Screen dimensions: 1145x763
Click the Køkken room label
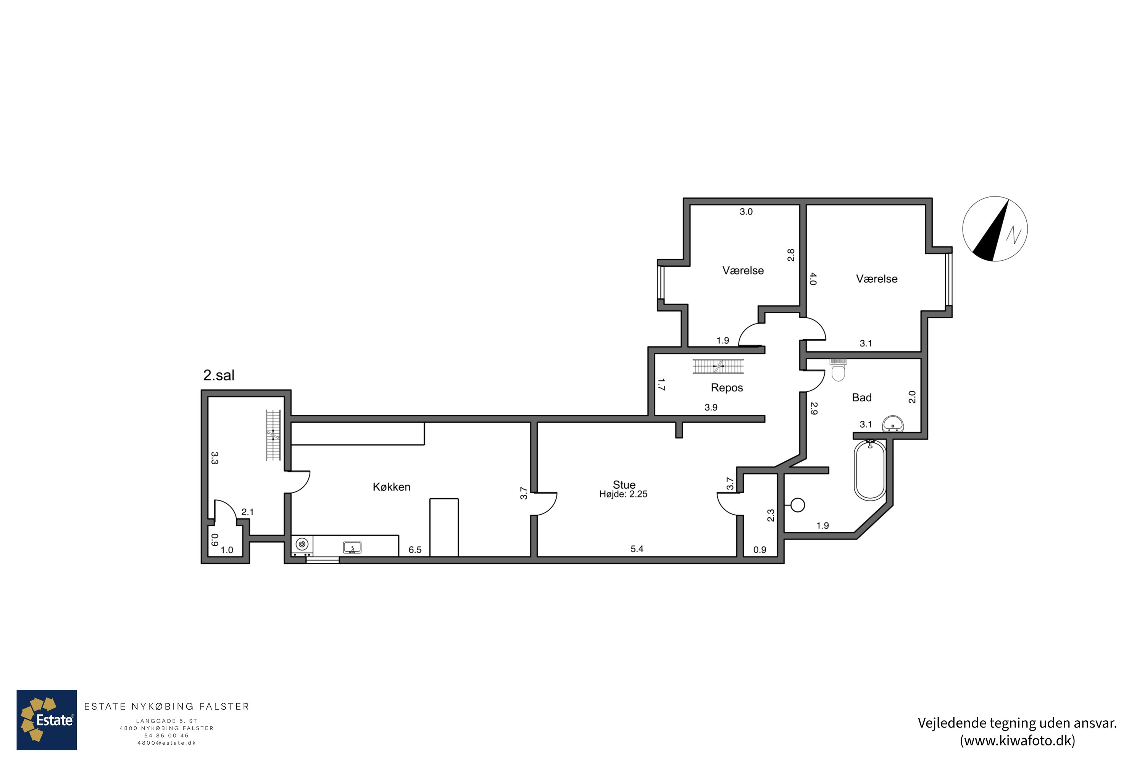pyautogui.click(x=392, y=487)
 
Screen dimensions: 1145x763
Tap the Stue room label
pyautogui.click(x=624, y=485)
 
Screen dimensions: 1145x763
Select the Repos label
pyautogui.click(x=727, y=388)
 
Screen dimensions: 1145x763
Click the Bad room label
pyautogui.click(x=862, y=398)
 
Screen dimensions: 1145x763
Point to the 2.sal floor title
pyautogui.click(x=219, y=375)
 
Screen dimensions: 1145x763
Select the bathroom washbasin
pyautogui.click(x=893, y=424)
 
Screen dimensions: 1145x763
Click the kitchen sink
pyautogui.click(x=352, y=548)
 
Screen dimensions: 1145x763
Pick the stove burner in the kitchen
pyautogui.click(x=302, y=544)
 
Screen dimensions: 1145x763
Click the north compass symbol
pyautogui.click(x=995, y=229)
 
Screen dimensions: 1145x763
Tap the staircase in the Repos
pyautogui.click(x=719, y=366)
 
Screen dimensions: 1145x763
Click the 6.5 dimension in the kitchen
pyautogui.click(x=415, y=550)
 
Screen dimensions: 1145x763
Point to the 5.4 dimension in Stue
pyautogui.click(x=637, y=549)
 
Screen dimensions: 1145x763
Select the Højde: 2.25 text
pyautogui.click(x=623, y=494)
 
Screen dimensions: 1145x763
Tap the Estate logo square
pyautogui.click(x=47, y=720)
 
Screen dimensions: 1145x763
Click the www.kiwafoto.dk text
pyautogui.click(x=1018, y=740)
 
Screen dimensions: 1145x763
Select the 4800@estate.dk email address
pyautogui.click(x=166, y=743)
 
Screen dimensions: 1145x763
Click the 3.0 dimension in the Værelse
pyautogui.click(x=746, y=212)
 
